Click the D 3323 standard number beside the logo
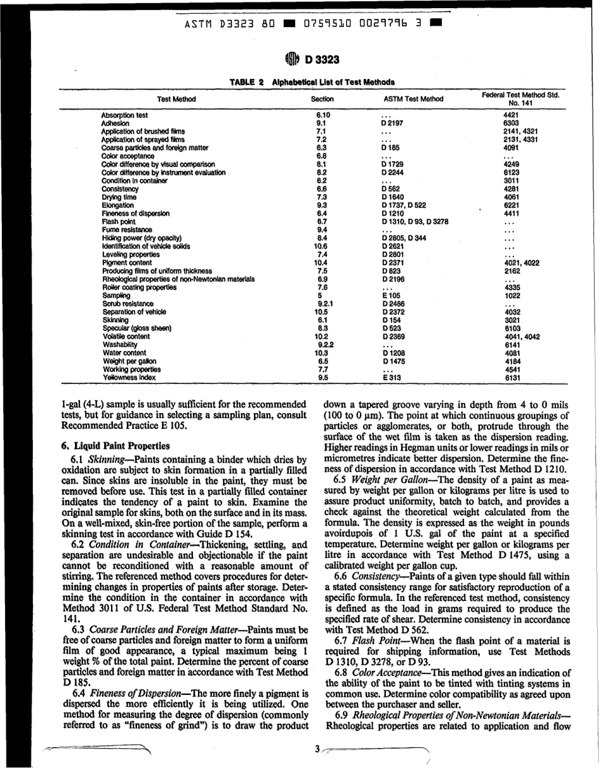[322, 61]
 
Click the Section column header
[322, 99]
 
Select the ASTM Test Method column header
[414, 99]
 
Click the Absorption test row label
[125, 115]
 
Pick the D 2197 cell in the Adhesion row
[392, 124]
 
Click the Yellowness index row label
[129, 378]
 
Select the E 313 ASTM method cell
[392, 378]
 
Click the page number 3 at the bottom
[318, 749]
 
